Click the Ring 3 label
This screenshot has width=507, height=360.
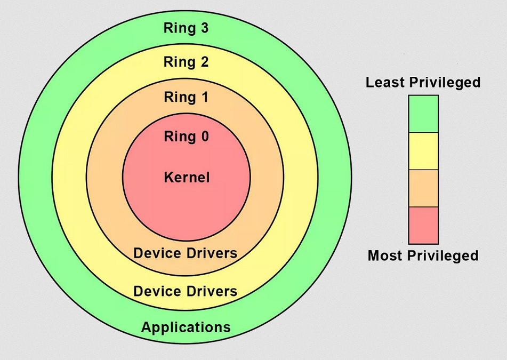[186, 28]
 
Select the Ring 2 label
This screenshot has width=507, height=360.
[186, 62]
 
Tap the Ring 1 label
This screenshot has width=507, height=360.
[186, 98]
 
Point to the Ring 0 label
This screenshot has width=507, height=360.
[186, 137]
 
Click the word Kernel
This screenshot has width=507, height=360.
[187, 177]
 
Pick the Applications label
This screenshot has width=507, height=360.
[186, 327]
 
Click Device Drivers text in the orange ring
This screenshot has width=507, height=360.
[186, 253]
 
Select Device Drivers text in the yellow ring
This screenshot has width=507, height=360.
[186, 291]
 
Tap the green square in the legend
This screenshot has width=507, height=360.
[423, 114]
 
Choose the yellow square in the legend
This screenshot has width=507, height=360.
[423, 151]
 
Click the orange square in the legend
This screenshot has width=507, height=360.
[423, 188]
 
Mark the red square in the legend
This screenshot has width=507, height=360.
[423, 225]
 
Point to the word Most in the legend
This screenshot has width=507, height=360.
[385, 255]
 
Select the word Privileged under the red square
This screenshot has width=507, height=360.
[442, 256]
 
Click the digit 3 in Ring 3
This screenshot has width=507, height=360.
[204, 28]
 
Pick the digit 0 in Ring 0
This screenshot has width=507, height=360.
[204, 137]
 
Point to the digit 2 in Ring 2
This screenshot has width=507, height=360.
[204, 62]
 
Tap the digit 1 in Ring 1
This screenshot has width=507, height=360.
[204, 98]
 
